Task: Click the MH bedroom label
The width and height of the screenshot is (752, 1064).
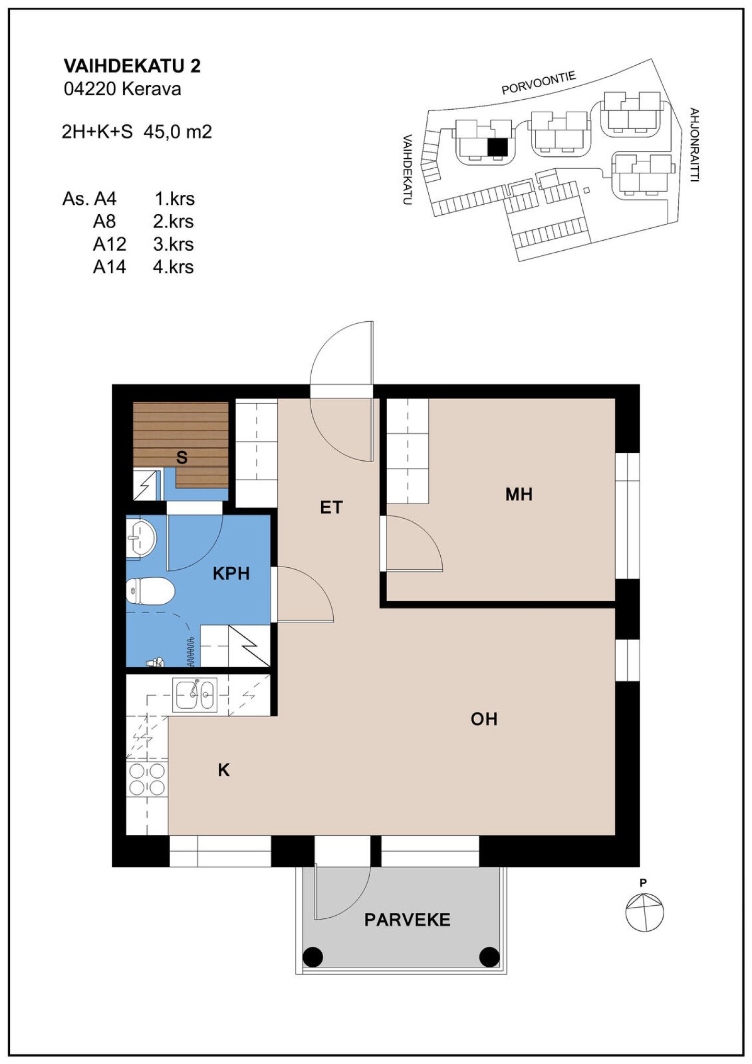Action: click(x=519, y=494)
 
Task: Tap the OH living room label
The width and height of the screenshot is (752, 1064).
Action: click(x=484, y=719)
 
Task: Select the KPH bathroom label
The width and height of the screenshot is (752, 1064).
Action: click(x=231, y=574)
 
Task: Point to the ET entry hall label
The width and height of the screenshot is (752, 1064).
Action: click(x=331, y=507)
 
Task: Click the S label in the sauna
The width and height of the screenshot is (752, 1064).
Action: click(x=182, y=458)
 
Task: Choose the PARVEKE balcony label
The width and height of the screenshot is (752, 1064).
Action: click(x=407, y=934)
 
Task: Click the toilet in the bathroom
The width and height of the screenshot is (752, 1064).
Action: click(x=150, y=591)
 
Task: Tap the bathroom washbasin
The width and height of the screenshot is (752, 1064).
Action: click(x=141, y=538)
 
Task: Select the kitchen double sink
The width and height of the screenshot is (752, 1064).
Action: click(x=194, y=695)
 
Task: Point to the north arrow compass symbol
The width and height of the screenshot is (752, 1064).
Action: click(x=644, y=913)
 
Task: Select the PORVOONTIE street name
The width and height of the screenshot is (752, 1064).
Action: click(x=539, y=83)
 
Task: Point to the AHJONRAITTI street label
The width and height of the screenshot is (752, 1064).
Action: click(x=694, y=145)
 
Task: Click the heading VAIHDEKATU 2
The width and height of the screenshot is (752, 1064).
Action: click(x=132, y=66)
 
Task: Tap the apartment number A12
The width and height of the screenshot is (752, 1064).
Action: click(x=110, y=244)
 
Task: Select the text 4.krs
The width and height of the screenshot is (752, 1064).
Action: click(x=173, y=267)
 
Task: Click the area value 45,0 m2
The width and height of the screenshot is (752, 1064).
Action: click(x=178, y=132)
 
